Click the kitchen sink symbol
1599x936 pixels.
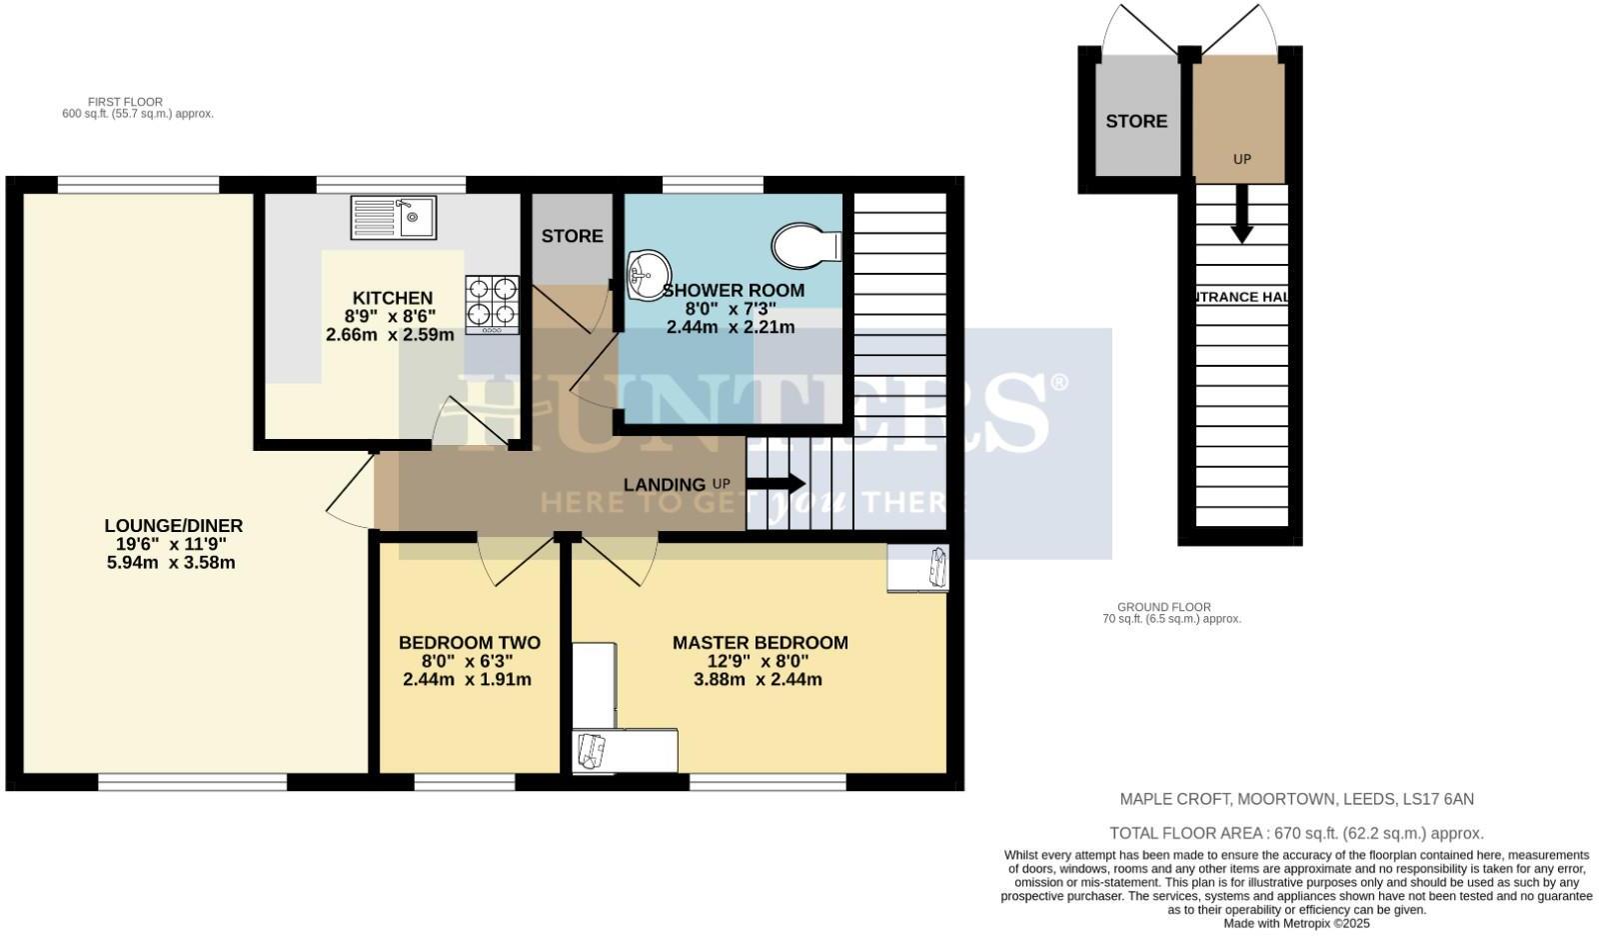393,218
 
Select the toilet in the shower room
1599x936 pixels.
805,246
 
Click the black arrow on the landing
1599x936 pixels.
776,484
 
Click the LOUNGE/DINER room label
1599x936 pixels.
174,526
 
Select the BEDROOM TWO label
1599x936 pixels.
470,643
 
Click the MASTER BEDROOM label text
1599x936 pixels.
760,643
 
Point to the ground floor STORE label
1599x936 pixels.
1136,121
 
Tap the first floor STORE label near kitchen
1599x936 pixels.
572,236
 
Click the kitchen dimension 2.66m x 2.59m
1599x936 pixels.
390,335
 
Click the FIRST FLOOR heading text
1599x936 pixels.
125,102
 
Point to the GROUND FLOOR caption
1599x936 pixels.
1163,607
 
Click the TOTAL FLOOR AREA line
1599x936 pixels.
1296,833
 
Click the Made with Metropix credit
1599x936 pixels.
1296,924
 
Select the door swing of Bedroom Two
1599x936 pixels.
517,561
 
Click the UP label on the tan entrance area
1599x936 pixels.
1241,159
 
